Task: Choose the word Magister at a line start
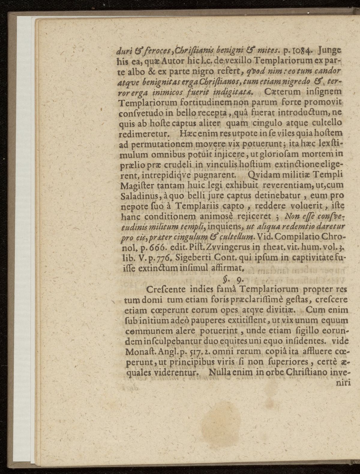pyautogui.click(x=134, y=186)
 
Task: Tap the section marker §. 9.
pyautogui.click(x=234, y=280)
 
